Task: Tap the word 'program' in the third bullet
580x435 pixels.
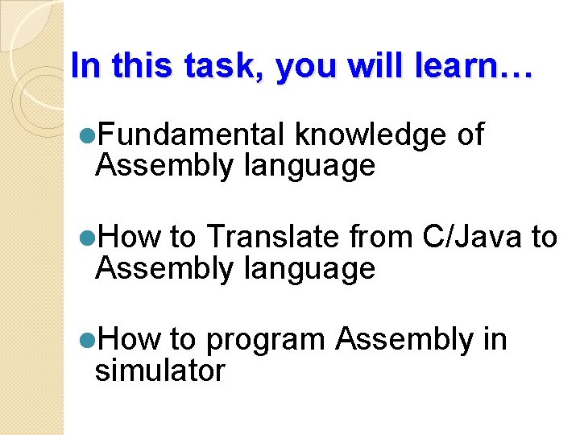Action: click(266, 341)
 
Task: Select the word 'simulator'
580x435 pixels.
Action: click(159, 371)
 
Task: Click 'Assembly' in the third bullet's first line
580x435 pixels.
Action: click(404, 340)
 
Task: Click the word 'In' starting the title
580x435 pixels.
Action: click(83, 66)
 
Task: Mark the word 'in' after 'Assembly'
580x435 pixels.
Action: click(495, 340)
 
